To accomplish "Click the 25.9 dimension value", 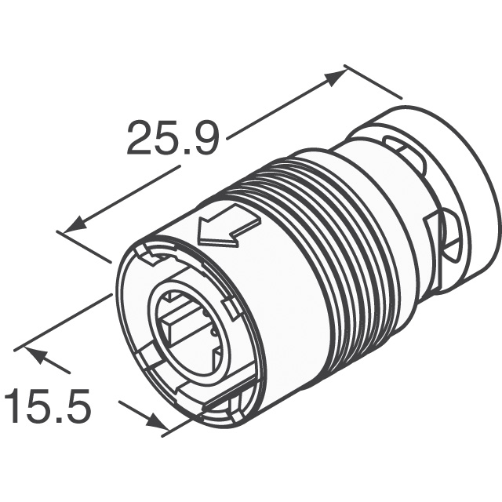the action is click(173, 137).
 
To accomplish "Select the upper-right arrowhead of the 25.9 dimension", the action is click(336, 78).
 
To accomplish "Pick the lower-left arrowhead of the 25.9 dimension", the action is click(75, 226).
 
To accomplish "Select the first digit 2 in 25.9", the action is click(140, 137).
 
